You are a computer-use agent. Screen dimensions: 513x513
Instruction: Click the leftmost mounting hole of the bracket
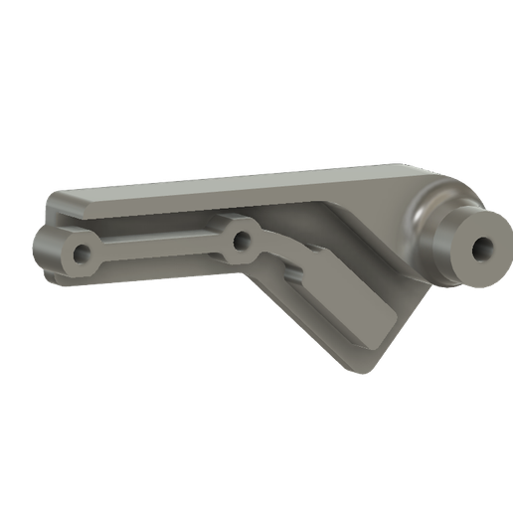81,253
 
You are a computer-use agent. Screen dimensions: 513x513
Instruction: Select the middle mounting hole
240,238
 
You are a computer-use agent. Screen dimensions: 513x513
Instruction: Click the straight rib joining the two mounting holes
159,248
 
